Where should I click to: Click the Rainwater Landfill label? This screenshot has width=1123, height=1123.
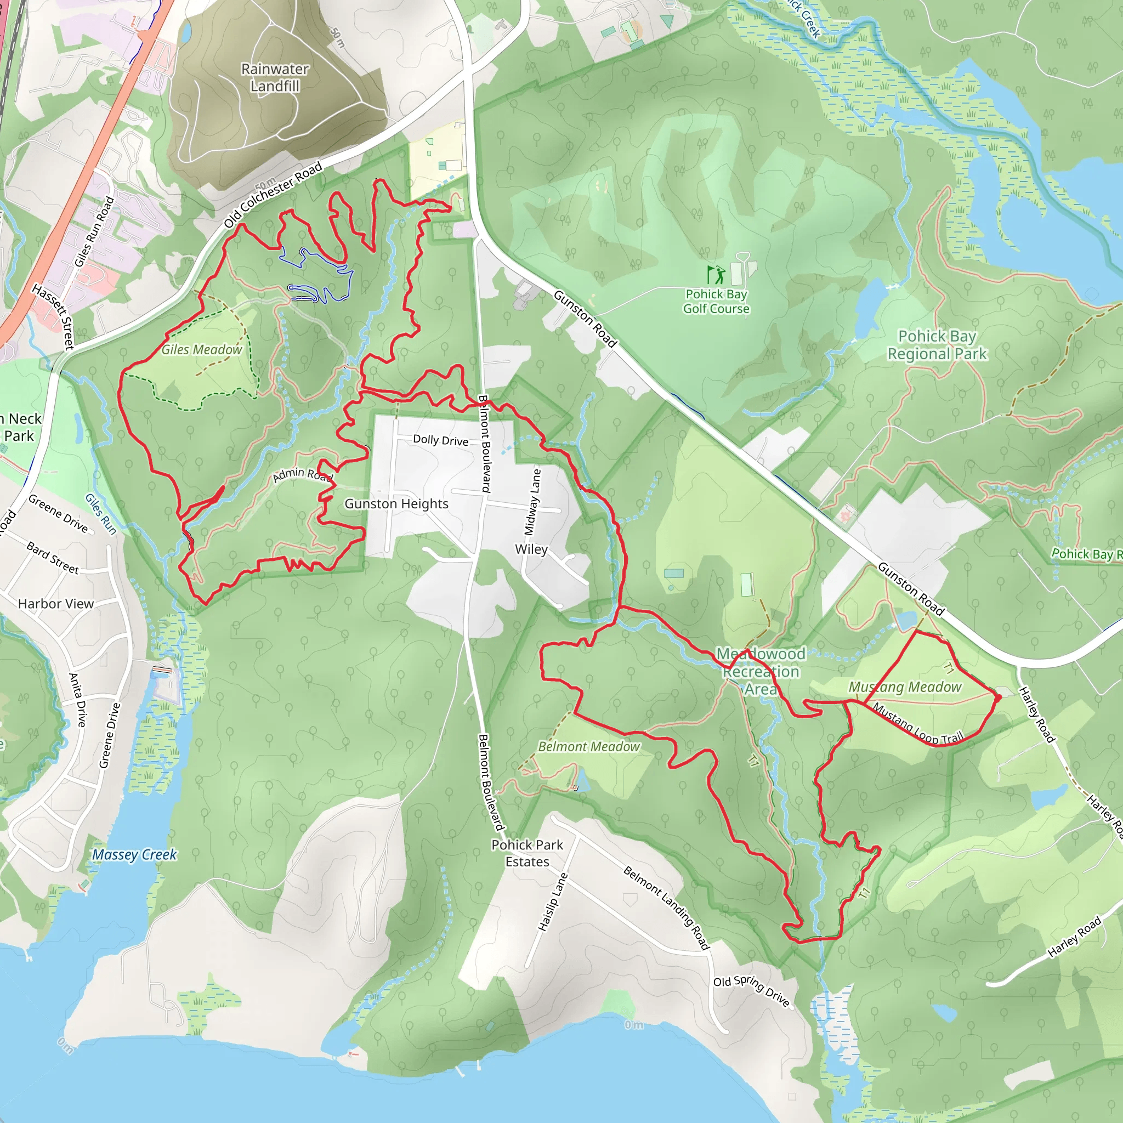tap(275, 77)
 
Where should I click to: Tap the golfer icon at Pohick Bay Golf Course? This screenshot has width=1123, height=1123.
tap(716, 274)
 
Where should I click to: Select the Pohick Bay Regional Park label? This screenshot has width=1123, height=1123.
tap(937, 345)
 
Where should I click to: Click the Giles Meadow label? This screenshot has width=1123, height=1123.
tap(201, 349)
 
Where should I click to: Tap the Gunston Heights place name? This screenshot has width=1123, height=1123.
tap(396, 504)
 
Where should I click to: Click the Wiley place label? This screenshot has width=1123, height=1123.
tap(531, 549)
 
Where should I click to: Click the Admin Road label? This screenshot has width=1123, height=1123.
tap(302, 474)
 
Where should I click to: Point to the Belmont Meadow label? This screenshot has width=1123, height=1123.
tap(588, 746)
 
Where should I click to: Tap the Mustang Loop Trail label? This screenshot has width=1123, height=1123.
tap(918, 724)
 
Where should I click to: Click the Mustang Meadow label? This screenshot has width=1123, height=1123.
tap(905, 687)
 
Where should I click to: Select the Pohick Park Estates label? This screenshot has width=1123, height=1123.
tap(526, 853)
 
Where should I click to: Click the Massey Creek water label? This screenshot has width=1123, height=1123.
tap(134, 854)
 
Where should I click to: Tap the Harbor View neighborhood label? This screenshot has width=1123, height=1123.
tap(56, 604)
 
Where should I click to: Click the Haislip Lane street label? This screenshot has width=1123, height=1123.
tap(552, 902)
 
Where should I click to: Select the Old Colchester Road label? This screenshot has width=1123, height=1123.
tap(273, 195)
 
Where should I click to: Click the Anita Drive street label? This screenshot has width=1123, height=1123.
tap(77, 700)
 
